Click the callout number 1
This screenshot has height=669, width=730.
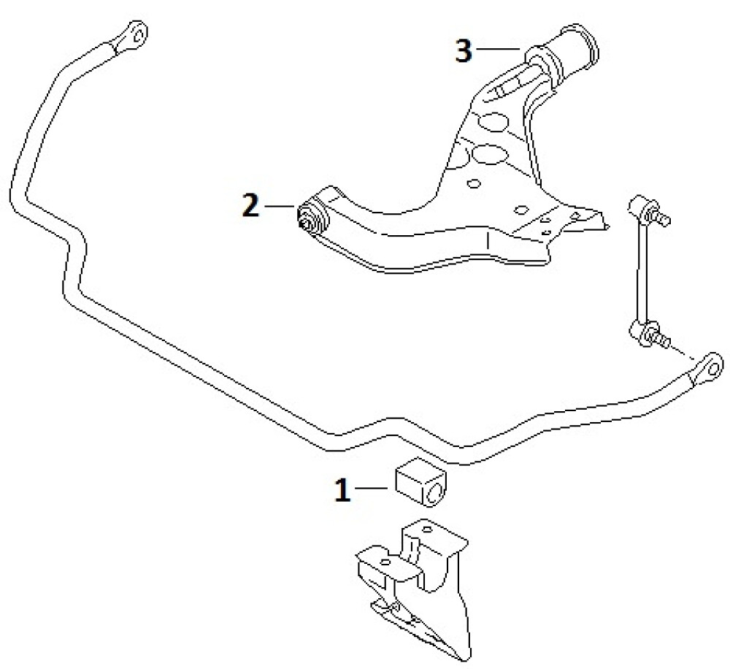(x=343, y=489)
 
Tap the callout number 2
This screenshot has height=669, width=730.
(x=250, y=205)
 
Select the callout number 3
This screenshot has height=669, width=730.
(x=464, y=50)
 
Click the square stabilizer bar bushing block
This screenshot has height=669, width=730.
(x=421, y=482)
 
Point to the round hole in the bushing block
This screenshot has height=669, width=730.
(x=434, y=494)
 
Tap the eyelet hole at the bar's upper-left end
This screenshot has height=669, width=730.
(x=137, y=32)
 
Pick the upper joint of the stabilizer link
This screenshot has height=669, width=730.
(x=648, y=210)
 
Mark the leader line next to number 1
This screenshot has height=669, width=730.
(x=372, y=488)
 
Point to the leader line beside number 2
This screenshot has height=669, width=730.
(x=280, y=205)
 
